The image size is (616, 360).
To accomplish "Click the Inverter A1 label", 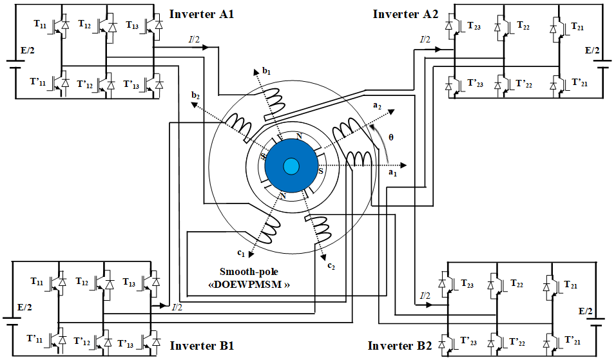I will pyautogui.click(x=202, y=14).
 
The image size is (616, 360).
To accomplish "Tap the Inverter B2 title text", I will pyautogui.click(x=399, y=346).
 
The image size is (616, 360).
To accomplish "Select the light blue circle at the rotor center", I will pyautogui.click(x=291, y=166).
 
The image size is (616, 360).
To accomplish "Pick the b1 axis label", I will pyautogui.click(x=266, y=69).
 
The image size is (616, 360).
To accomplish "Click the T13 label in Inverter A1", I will pyautogui.click(x=131, y=24).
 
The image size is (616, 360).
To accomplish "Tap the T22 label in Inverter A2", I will pyautogui.click(x=526, y=24).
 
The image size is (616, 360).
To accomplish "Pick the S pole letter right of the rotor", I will pyautogui.click(x=321, y=171).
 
